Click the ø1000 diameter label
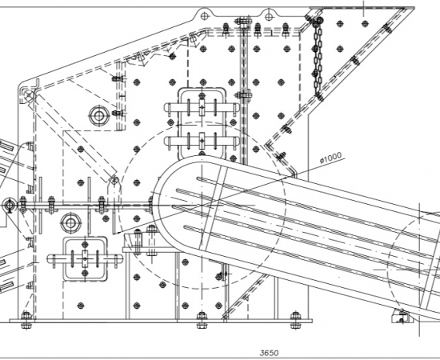pos(331,158)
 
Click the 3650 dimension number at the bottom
pos(270,353)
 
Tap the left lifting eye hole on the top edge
pos(205,16)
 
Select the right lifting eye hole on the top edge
pos(269,17)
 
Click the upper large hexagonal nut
pos(98,116)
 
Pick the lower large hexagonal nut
pos(70,223)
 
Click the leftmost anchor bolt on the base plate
pos(26,320)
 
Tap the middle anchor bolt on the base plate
pos(202,320)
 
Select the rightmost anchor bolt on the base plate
pos(295,320)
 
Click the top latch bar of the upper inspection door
pos(202,107)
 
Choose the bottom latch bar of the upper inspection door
pos(202,140)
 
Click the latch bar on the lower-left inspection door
pos(85,258)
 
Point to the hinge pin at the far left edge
pos(9,205)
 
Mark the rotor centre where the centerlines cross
pos(202,206)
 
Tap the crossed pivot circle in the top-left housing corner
pos(29,96)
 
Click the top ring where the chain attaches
pos(319,20)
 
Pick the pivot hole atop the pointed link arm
pos(114,179)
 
